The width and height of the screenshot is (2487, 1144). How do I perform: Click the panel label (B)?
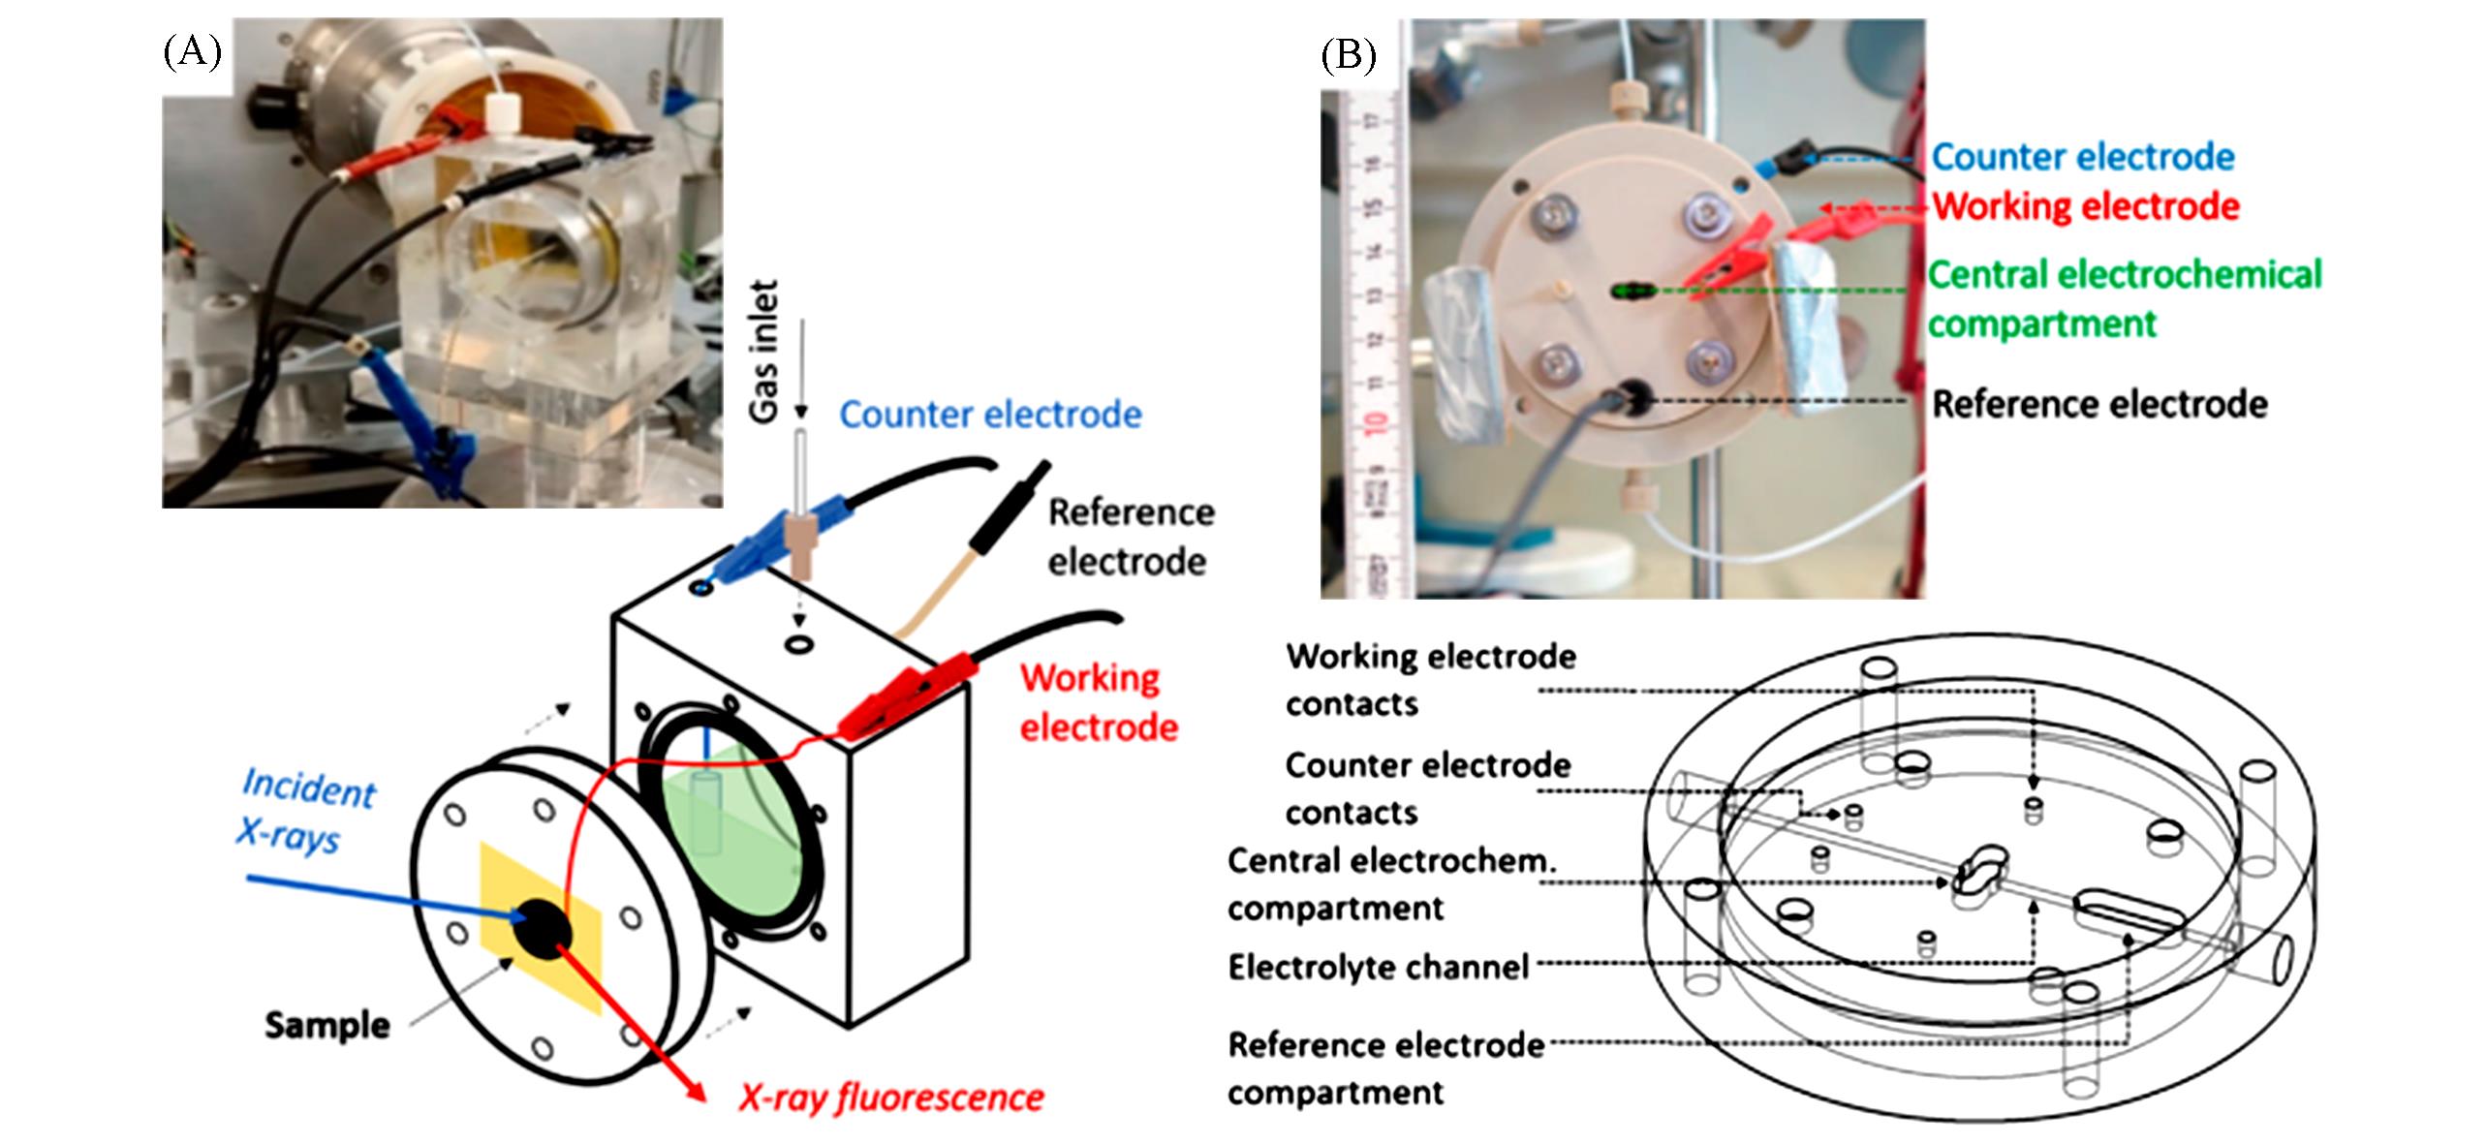pyautogui.click(x=1349, y=57)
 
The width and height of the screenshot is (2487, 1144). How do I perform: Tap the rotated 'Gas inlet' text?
pyautogui.click(x=765, y=351)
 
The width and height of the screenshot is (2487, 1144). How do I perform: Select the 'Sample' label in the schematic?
pyautogui.click(x=327, y=1025)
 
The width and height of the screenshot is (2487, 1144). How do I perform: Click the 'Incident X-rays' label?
pyautogui.click(x=305, y=811)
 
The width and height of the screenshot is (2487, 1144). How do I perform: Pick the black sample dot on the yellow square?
pyautogui.click(x=542, y=929)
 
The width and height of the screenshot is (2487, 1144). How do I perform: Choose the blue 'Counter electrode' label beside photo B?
pyautogui.click(x=2083, y=157)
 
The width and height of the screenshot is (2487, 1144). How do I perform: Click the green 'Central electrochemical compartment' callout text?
pyautogui.click(x=2124, y=298)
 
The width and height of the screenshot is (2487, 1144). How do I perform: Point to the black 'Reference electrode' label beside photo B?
pyautogui.click(x=2099, y=404)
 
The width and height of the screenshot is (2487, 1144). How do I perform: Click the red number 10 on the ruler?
pyautogui.click(x=1377, y=423)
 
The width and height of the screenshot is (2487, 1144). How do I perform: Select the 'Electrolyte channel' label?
pyautogui.click(x=1378, y=967)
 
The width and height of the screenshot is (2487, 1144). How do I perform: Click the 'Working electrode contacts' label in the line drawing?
pyautogui.click(x=1430, y=679)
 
